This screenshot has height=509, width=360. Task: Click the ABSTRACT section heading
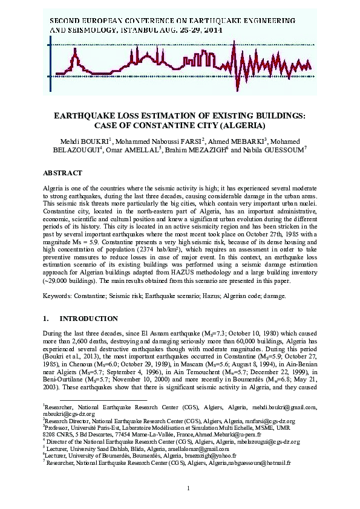point(62,173)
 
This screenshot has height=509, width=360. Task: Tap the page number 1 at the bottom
point(189,488)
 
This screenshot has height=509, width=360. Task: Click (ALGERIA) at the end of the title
point(238,126)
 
